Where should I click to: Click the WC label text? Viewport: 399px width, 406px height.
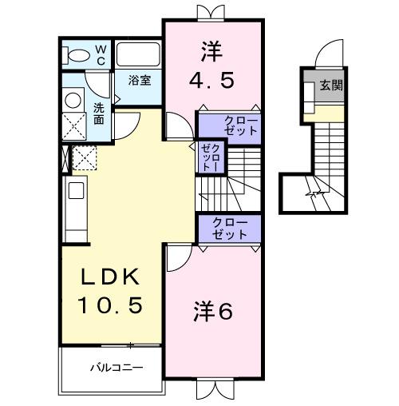pos(101,54)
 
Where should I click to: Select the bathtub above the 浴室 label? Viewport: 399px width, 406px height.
pos(139,54)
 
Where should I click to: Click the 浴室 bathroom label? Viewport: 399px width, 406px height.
pos(140,80)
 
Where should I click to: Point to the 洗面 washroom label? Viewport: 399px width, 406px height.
pos(98,113)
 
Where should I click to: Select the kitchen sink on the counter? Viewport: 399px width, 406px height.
pos(76,191)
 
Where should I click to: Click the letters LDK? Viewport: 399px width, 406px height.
pos(112,277)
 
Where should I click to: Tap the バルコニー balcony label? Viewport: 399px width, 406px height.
pos(115,368)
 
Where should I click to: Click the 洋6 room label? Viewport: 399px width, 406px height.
pos(213,311)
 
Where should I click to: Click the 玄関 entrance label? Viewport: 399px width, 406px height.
pos(332,86)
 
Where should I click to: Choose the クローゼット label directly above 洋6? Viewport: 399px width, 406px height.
pos(230,229)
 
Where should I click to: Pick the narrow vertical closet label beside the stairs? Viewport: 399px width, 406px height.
pos(211,157)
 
